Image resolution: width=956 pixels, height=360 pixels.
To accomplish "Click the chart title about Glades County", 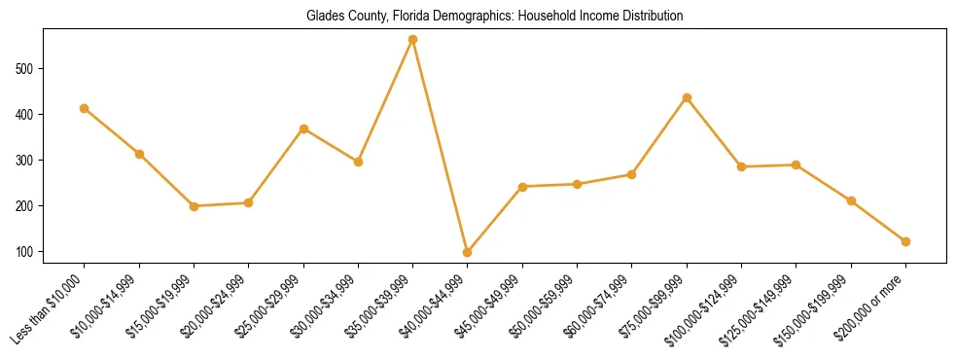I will pyautogui.click(x=494, y=16).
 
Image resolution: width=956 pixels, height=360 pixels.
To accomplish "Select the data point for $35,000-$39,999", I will pyautogui.click(x=413, y=40).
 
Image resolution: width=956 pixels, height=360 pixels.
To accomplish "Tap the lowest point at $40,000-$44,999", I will pyautogui.click(x=468, y=252).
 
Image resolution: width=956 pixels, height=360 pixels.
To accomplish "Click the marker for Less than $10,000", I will pyautogui.click(x=85, y=108).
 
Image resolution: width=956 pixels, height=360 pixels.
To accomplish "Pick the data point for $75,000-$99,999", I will pyautogui.click(x=688, y=97).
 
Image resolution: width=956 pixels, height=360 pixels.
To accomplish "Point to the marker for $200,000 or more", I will pyautogui.click(x=906, y=241).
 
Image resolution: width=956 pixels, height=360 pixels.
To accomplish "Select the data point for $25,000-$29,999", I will pyautogui.click(x=304, y=128).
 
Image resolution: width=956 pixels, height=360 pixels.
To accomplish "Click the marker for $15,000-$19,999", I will pyautogui.click(x=195, y=206).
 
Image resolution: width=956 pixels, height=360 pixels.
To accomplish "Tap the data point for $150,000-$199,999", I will pyautogui.click(x=852, y=201).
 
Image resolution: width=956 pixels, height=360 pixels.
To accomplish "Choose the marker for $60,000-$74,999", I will pyautogui.click(x=632, y=174).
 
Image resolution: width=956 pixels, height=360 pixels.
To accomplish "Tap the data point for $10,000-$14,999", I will pyautogui.click(x=140, y=154).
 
